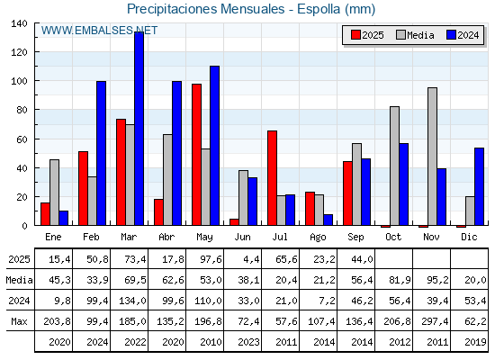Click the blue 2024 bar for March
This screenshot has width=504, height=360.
pos(139,128)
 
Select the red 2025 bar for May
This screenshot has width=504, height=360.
pos(197,155)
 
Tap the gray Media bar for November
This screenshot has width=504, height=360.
pos(433,157)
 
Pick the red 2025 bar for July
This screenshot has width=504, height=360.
pos(272,178)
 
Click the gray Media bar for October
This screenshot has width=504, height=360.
pos(395,166)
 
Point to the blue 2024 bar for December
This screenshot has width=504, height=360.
pos(479,186)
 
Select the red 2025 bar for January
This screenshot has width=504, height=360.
pos(45,214)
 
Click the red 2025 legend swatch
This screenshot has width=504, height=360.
pos(355,35)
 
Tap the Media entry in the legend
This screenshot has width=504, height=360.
pos(415,35)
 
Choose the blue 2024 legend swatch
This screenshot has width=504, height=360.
pos(451,35)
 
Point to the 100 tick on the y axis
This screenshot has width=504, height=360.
pos(20,81)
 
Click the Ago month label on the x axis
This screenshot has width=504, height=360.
pos(318,238)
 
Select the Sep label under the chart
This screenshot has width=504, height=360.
pos(355,237)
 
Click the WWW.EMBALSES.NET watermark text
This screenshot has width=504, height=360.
pos(99,31)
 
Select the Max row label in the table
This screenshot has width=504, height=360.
pos(19,321)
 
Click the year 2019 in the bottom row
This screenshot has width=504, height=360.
pos(475,342)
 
